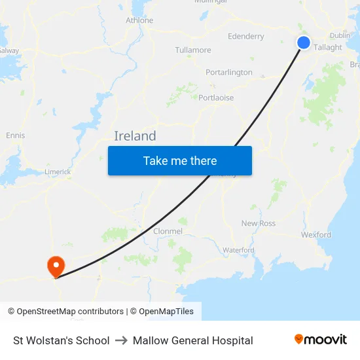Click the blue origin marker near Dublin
(304, 43)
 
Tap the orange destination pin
(56, 265)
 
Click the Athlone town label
(139, 20)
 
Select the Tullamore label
(193, 50)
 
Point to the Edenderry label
(245, 37)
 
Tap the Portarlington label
(228, 73)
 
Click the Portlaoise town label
(216, 98)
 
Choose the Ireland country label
(135, 136)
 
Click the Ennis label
(15, 135)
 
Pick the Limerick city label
(58, 171)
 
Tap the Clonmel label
(168, 231)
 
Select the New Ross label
(259, 223)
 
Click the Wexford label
(316, 234)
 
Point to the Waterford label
(238, 250)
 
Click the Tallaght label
(328, 48)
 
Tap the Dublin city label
(340, 35)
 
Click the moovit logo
(320, 339)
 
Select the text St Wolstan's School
(62, 340)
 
